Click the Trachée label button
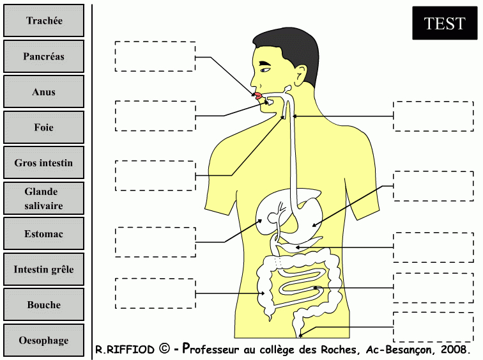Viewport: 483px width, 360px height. point(43,20)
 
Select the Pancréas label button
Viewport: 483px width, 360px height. point(43,56)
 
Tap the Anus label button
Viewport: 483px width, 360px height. point(43,91)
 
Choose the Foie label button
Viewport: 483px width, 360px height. point(43,127)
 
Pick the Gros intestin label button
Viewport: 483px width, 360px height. point(43,163)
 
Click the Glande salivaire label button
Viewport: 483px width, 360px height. point(43,198)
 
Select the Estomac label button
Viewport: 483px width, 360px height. point(43,234)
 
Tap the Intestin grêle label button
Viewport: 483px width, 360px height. point(43,269)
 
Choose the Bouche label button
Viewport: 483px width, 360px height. point(43,305)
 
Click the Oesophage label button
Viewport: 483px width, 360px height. point(43,340)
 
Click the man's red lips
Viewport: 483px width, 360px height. point(257,97)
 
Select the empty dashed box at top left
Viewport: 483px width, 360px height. point(155,56)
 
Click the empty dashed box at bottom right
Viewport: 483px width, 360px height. point(433,327)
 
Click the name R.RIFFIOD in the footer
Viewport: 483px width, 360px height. point(125,350)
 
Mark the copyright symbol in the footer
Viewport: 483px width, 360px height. point(164,349)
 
